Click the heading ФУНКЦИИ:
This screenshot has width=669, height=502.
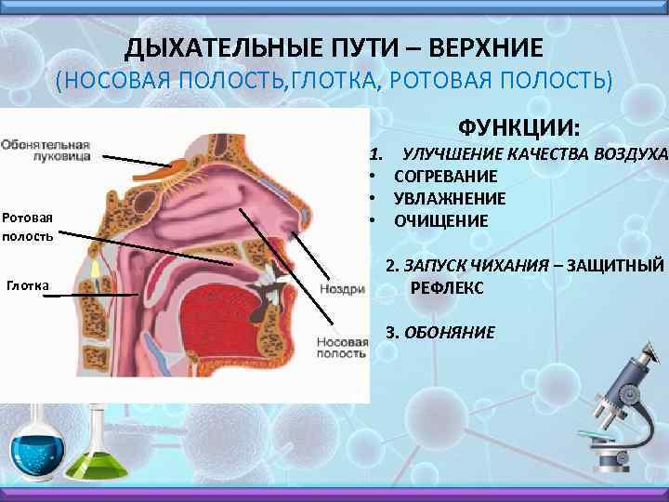518,125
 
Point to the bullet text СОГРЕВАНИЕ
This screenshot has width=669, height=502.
445,176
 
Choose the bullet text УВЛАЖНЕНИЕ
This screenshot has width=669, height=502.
449,198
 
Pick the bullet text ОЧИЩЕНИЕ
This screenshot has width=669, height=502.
440,221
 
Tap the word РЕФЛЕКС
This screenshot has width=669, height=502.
446,288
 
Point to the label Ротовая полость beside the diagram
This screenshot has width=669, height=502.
27,226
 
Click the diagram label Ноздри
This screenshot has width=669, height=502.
341,289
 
